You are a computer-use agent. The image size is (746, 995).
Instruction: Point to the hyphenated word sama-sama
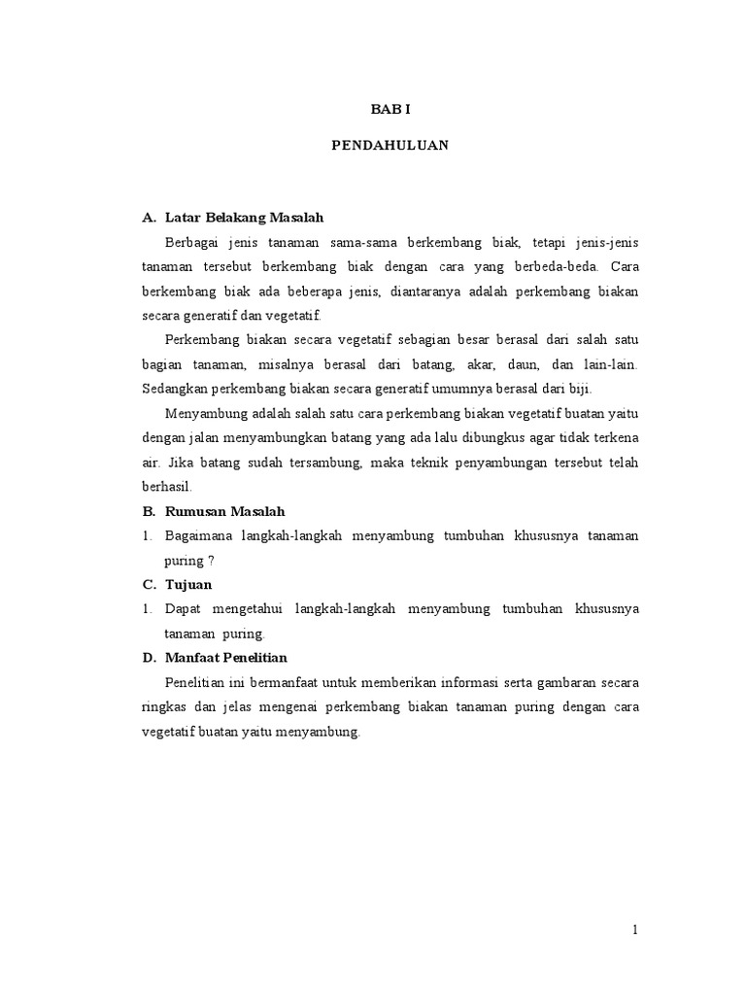[x=355, y=242]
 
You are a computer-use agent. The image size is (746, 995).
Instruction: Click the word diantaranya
[x=436, y=292]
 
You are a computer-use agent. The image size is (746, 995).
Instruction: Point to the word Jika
[x=177, y=463]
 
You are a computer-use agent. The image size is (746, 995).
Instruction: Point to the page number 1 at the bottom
[x=635, y=929]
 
